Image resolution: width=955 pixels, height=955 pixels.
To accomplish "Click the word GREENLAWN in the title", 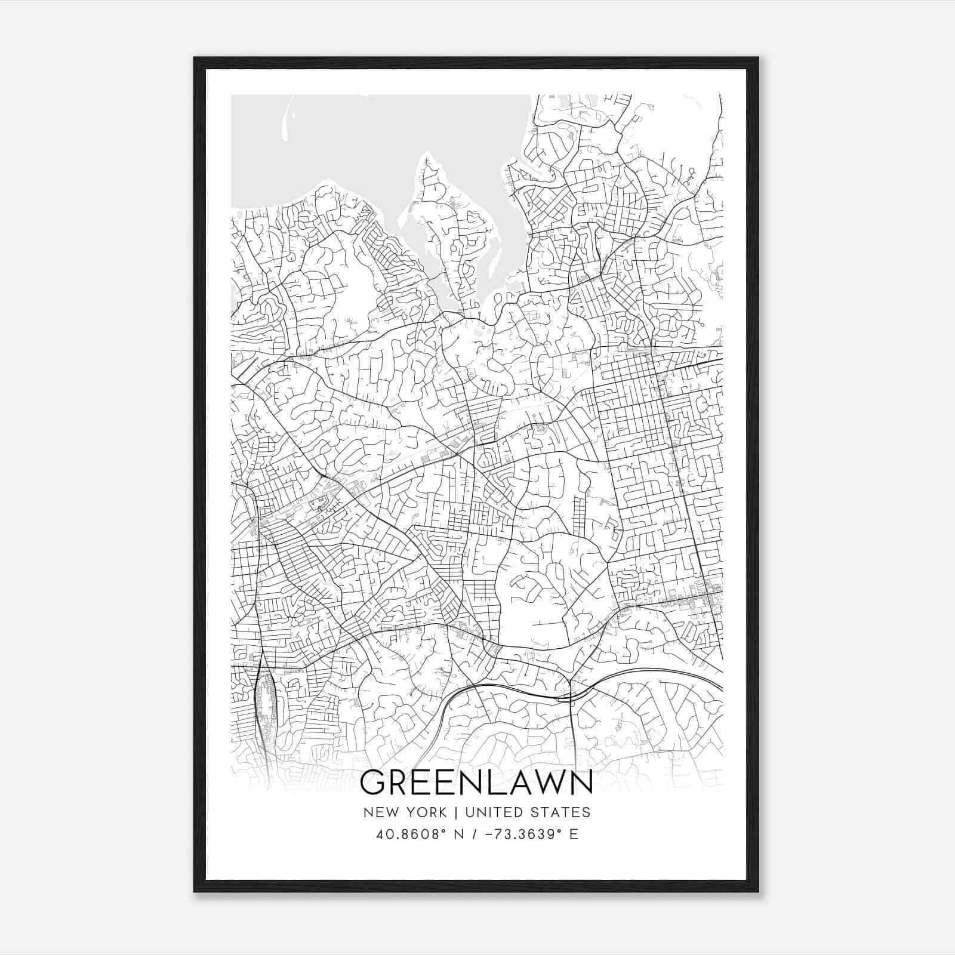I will (476, 783).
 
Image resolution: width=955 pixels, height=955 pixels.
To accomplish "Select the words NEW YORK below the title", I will (404, 812).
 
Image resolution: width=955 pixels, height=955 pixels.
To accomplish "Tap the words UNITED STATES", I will (528, 812).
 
